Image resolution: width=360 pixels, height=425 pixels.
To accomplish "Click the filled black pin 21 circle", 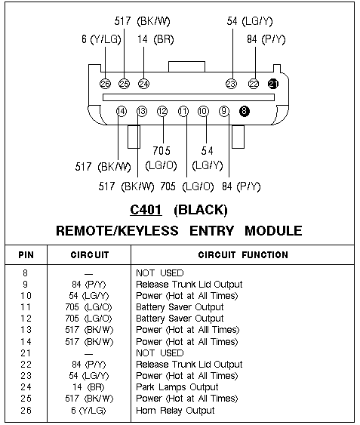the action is [273, 84].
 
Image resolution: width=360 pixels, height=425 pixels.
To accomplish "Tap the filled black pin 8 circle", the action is [245, 111].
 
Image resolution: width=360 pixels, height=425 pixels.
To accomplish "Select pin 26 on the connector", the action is [106, 84].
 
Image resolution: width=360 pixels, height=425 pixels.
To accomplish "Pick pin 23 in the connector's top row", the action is [231, 84].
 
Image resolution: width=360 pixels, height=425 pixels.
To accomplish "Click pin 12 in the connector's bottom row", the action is [162, 111].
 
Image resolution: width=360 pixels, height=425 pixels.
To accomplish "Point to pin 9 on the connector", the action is [224, 111].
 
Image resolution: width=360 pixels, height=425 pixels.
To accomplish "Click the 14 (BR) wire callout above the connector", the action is [155, 39].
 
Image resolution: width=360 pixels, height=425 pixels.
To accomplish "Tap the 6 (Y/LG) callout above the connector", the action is [101, 39].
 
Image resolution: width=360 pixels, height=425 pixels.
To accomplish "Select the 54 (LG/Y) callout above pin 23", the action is [250, 21].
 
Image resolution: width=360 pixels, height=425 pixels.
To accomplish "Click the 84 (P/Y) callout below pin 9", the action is [242, 186].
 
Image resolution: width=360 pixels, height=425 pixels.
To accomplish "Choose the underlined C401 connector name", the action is [146, 210].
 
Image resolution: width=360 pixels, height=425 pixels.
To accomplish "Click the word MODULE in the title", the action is [273, 231].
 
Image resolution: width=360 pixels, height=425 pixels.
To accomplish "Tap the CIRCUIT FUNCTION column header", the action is [243, 255].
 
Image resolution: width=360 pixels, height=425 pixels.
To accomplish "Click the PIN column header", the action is [26, 255].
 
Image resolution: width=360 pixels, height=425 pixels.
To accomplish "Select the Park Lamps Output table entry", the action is [177, 387].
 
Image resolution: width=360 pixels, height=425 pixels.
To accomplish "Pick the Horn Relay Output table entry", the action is [175, 411].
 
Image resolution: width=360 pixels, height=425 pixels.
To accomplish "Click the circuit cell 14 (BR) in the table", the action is [88, 387].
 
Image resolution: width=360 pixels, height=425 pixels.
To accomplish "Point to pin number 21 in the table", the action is [26, 353].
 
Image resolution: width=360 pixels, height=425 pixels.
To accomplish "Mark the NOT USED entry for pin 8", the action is [160, 273].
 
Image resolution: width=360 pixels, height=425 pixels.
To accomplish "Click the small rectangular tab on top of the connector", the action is [186, 66].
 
